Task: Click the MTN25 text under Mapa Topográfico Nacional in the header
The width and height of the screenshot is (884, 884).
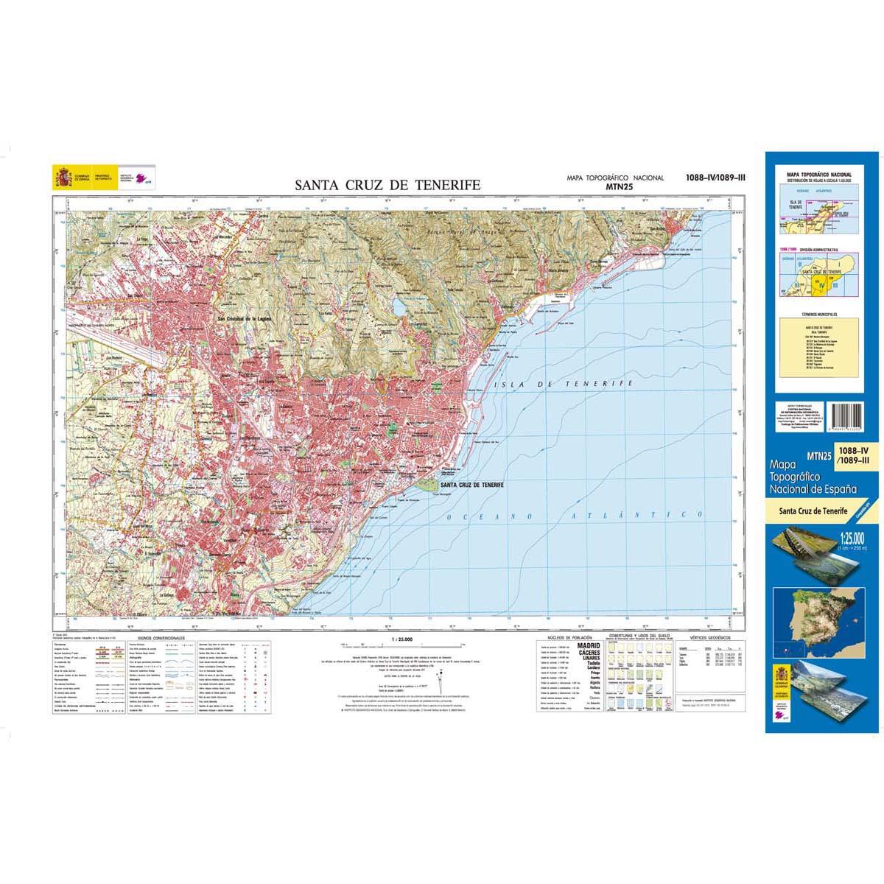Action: [x=615, y=186]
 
